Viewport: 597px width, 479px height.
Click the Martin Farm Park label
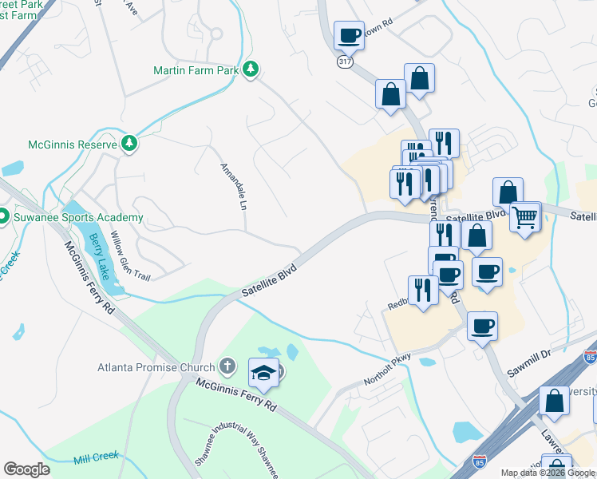[196, 70]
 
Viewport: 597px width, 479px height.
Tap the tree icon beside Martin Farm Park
[251, 70]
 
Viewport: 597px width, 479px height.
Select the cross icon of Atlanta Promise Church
[227, 367]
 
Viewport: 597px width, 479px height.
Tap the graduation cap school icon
[263, 371]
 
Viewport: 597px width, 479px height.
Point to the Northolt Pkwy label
[388, 370]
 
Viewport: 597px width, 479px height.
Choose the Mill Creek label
[97, 456]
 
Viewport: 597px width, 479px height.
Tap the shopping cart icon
[525, 216]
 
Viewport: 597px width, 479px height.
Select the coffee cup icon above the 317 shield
[349, 35]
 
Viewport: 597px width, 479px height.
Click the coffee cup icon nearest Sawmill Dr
[482, 326]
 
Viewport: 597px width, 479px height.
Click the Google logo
[27, 469]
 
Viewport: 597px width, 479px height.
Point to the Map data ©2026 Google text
[548, 473]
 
